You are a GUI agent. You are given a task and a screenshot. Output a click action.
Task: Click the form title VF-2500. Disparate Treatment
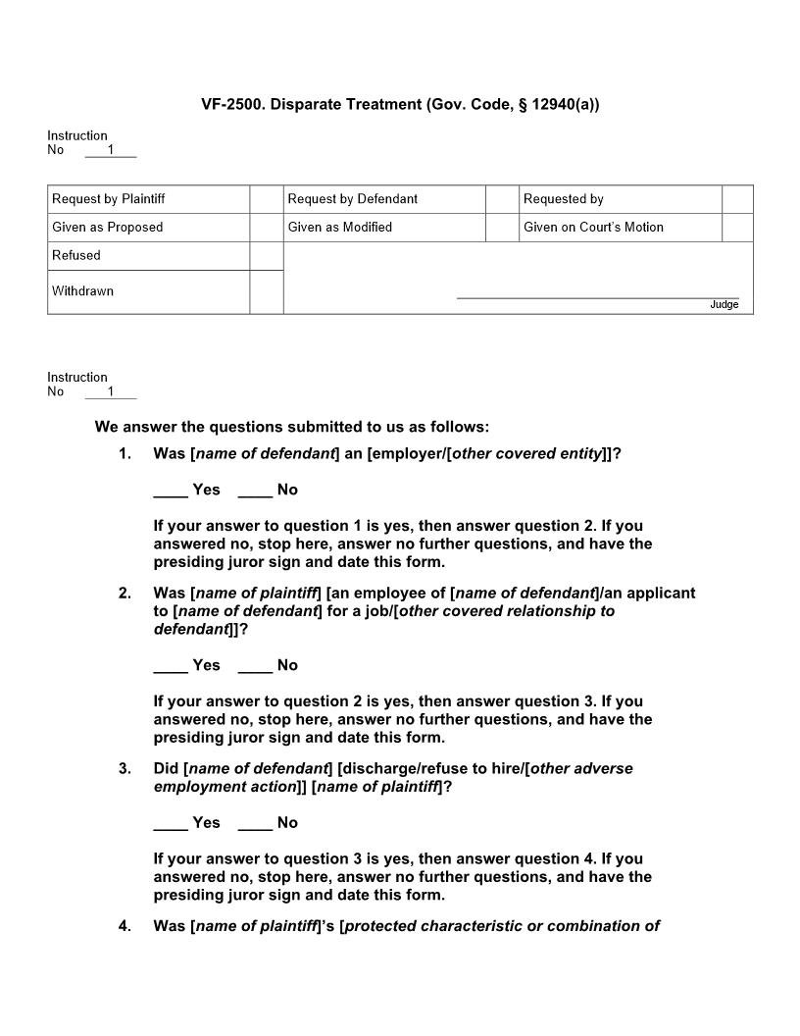(400, 104)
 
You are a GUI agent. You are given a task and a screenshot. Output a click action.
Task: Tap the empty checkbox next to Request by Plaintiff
(266, 199)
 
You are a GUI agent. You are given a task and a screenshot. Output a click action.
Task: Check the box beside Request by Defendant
(501, 199)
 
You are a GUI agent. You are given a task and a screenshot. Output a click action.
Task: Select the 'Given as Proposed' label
(108, 228)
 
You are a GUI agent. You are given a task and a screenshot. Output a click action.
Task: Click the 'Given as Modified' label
(340, 228)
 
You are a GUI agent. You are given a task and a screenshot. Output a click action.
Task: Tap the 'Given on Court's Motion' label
(593, 228)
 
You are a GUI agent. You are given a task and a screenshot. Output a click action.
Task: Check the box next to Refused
(266, 256)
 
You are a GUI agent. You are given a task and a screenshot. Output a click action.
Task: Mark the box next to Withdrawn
(266, 291)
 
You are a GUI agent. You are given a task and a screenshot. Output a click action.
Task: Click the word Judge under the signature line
(724, 305)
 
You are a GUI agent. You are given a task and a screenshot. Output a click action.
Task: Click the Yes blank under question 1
(171, 491)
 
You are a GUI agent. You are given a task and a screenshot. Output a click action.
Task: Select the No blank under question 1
(255, 491)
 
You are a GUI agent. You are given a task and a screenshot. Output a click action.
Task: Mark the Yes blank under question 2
(171, 666)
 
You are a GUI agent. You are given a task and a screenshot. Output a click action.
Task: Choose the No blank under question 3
(255, 823)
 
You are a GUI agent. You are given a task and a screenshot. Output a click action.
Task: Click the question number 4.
(125, 926)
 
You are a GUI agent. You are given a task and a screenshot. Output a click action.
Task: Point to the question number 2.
(125, 594)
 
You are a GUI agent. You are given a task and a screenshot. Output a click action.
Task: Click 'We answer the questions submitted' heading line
(292, 427)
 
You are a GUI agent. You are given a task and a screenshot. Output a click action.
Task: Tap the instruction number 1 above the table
(111, 150)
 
